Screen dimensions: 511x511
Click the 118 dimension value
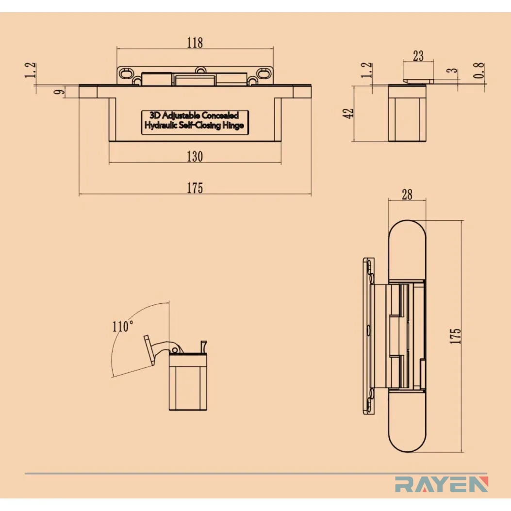(195, 43)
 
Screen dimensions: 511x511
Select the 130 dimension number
(195, 157)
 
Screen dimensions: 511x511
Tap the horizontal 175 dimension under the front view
(195, 188)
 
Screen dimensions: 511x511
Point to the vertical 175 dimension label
(455, 336)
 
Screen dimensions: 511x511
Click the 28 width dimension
(407, 195)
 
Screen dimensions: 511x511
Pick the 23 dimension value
(418, 56)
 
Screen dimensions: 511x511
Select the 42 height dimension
(348, 114)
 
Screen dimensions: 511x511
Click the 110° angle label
(123, 326)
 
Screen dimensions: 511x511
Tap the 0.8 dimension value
(478, 70)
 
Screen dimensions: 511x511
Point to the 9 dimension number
(59, 92)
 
